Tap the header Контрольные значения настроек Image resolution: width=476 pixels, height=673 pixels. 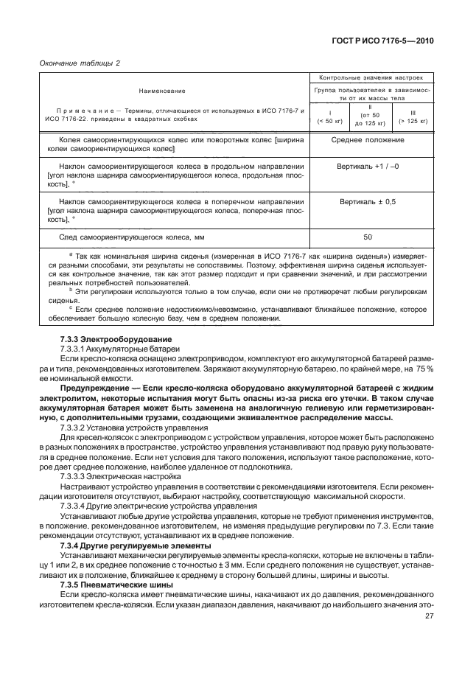371,77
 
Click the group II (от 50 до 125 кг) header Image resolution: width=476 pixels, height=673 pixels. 371,115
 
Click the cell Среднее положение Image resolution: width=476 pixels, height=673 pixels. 371,139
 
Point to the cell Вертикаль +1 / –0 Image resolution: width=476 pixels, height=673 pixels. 371,167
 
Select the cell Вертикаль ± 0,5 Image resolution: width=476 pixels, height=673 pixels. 371,201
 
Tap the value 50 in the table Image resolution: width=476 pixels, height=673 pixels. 371,237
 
